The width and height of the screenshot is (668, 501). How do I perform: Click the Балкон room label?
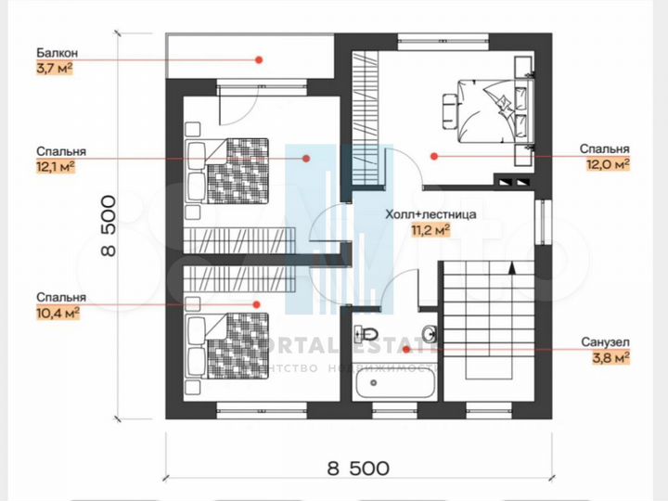57,52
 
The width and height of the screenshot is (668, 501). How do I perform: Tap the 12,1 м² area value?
56,166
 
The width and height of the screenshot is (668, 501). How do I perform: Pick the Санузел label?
609,340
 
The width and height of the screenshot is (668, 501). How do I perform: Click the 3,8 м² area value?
613,355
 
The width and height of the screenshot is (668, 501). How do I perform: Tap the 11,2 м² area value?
431,228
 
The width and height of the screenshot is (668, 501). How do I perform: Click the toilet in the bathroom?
366,334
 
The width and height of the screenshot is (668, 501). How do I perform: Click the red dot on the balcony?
260,59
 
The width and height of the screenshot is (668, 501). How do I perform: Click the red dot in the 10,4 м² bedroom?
259,303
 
